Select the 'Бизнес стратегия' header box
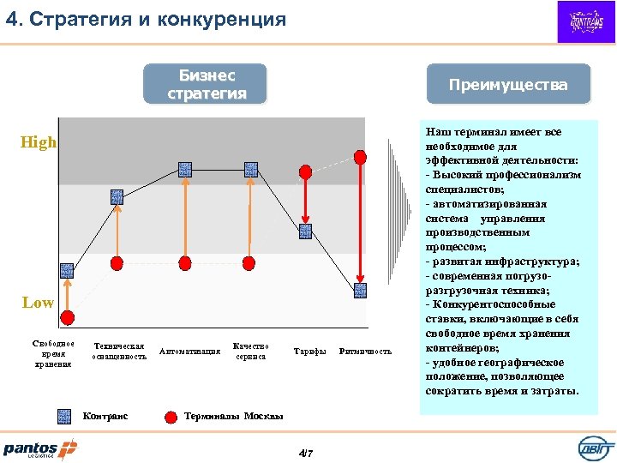(206, 84)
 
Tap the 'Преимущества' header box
(510, 85)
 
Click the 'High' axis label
(39, 142)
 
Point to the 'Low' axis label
(38, 303)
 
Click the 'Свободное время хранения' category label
(53, 353)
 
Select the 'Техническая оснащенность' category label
(119, 352)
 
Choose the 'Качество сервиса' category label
(250, 352)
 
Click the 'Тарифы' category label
(309, 352)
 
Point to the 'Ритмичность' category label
(366, 352)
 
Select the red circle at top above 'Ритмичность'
(361, 157)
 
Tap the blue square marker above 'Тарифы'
(306, 231)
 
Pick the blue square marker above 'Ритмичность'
(361, 290)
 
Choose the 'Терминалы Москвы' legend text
(234, 416)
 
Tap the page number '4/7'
(305, 453)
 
